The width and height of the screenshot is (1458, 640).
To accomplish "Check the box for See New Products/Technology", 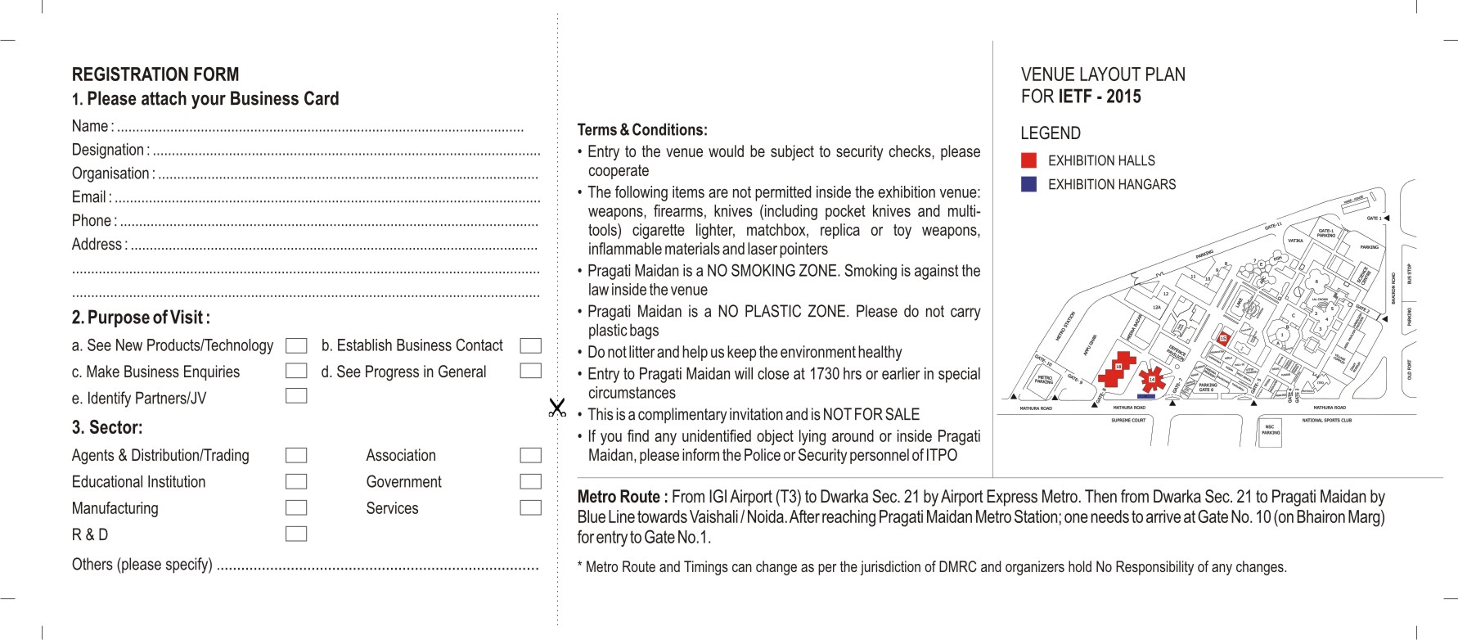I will (x=296, y=346).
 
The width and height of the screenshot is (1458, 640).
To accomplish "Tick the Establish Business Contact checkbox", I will (x=530, y=346).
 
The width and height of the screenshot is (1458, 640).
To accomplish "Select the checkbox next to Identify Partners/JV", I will (x=296, y=396).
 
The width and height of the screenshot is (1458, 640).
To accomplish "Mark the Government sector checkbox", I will (x=530, y=481).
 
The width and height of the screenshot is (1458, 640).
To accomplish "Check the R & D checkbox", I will (x=296, y=534).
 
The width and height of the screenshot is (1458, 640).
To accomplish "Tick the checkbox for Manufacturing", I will (x=296, y=507).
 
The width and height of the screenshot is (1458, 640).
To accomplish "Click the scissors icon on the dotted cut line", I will (x=557, y=407).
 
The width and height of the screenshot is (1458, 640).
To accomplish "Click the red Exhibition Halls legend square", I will (x=1028, y=160).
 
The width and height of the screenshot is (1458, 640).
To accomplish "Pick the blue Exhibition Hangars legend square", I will (x=1028, y=184).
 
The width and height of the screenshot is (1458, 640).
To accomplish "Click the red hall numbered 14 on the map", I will (x=1151, y=379).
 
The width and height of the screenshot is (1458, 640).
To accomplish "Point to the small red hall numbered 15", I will (x=1223, y=338).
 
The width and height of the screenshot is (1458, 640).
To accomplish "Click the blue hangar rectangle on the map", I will (x=1146, y=396).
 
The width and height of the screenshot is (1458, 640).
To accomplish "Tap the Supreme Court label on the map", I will (x=1127, y=421).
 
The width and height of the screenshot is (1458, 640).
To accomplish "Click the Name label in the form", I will (x=89, y=126).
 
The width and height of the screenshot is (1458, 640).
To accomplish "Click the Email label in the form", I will (x=89, y=197).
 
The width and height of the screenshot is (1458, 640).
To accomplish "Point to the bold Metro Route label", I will (x=622, y=497).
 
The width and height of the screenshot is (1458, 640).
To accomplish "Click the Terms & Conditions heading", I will (x=642, y=130).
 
